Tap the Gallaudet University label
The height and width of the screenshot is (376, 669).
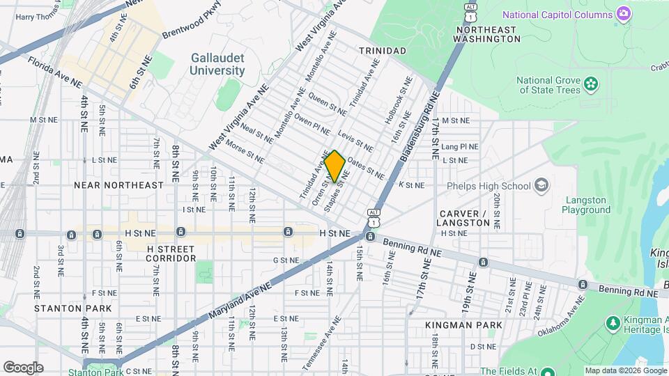coord(218,65)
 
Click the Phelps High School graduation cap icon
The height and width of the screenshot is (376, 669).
coord(541,185)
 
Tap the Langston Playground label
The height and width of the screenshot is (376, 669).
coord(586,205)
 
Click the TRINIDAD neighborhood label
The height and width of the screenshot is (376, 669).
coord(382,51)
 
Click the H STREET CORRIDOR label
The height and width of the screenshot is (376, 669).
coord(162,253)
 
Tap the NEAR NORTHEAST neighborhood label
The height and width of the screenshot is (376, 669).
coord(119,185)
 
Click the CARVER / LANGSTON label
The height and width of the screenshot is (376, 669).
coord(465,217)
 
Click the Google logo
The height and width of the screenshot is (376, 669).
coord(23,367)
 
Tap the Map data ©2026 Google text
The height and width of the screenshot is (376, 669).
coord(625,370)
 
